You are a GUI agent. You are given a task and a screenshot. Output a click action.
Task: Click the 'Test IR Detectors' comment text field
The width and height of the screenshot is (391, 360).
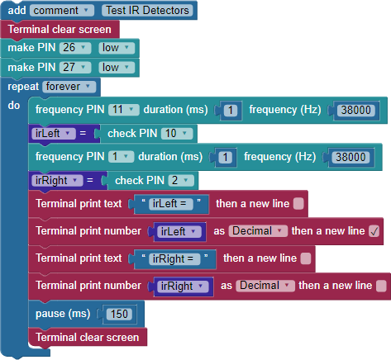(x=147, y=11)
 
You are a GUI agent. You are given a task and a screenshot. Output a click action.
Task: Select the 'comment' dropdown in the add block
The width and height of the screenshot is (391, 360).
(x=62, y=11)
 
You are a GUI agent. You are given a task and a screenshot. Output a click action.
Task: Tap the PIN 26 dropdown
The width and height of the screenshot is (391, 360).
(x=75, y=48)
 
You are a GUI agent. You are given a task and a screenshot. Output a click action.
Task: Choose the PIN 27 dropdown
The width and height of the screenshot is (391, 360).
(x=75, y=67)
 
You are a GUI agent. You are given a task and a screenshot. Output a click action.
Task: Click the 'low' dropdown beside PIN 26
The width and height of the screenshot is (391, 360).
(x=117, y=48)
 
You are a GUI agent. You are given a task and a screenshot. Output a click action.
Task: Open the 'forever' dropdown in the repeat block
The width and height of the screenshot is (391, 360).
(x=69, y=87)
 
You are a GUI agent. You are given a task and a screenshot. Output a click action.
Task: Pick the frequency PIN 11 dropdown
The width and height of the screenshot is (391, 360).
(x=124, y=110)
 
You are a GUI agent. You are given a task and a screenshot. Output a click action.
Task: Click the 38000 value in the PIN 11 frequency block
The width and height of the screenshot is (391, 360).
(x=356, y=110)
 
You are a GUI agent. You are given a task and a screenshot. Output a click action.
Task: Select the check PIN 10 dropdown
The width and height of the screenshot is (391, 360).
(x=177, y=134)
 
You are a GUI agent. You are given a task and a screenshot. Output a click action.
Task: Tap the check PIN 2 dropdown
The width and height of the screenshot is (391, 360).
(x=181, y=181)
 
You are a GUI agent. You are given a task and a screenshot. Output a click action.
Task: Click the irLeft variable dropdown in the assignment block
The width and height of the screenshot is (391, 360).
(x=54, y=134)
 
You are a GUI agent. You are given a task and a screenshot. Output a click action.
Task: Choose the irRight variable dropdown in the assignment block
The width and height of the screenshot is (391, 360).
(x=57, y=181)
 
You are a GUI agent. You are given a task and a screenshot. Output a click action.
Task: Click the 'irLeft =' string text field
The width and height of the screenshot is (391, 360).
(x=171, y=204)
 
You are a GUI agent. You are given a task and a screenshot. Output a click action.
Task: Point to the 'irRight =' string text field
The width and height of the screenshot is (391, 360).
(x=174, y=259)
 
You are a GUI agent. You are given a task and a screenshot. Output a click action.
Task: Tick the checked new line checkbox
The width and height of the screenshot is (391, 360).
(x=374, y=231)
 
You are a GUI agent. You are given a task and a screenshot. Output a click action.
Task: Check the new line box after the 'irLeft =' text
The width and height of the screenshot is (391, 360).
(x=298, y=204)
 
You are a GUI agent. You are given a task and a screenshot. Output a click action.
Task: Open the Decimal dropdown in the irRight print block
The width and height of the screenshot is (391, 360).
(x=265, y=286)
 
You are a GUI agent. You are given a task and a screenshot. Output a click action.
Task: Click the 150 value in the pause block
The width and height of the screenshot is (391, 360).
(x=119, y=314)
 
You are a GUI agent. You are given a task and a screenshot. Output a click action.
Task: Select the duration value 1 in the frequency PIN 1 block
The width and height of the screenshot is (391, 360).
(x=225, y=157)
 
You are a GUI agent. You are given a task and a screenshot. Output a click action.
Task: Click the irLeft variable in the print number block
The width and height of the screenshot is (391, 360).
(x=179, y=232)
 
